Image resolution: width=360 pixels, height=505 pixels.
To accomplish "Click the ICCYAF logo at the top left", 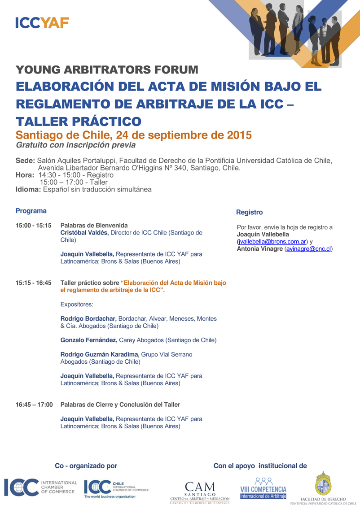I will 42,23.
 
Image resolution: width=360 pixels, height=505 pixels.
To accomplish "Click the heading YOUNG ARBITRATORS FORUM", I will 107,70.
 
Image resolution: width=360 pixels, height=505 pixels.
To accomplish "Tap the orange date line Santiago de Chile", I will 133,135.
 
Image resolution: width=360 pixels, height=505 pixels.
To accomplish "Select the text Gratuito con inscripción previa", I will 75,145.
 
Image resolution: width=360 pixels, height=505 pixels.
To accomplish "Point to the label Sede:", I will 25,161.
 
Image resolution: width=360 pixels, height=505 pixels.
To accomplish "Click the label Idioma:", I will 28,189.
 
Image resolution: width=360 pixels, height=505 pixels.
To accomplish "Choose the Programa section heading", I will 31,211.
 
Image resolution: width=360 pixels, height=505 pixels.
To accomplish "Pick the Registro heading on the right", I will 249,212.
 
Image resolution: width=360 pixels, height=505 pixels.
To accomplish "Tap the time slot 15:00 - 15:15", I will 33,226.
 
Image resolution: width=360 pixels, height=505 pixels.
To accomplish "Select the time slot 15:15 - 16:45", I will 33,283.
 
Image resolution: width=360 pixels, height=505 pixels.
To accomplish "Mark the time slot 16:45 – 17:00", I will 34,405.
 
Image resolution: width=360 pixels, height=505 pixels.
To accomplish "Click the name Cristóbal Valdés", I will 84,233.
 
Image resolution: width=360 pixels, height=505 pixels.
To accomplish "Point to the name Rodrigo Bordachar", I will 88,319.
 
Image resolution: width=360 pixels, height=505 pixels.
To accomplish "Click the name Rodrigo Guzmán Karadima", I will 100,354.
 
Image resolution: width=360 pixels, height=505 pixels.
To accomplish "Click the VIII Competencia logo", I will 263,488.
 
